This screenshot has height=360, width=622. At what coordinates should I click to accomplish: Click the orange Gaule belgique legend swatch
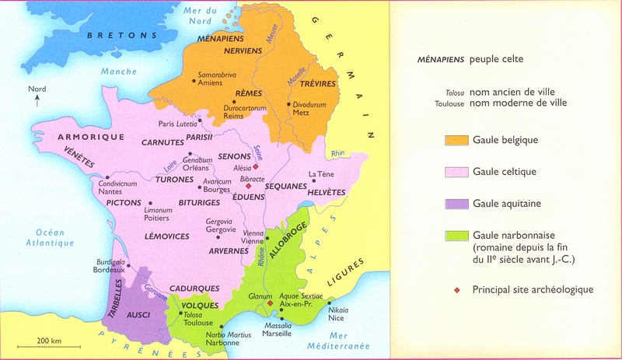[456, 140]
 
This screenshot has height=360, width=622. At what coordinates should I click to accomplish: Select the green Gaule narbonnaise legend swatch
[456, 235]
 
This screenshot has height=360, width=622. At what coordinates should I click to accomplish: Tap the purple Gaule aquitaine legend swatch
[456, 203]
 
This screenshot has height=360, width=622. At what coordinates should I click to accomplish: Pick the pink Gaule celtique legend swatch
[456, 171]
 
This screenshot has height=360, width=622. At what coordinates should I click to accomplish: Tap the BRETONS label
[112, 35]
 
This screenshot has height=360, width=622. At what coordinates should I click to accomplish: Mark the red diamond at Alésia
[254, 166]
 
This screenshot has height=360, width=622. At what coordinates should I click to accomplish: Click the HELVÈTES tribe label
[326, 192]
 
